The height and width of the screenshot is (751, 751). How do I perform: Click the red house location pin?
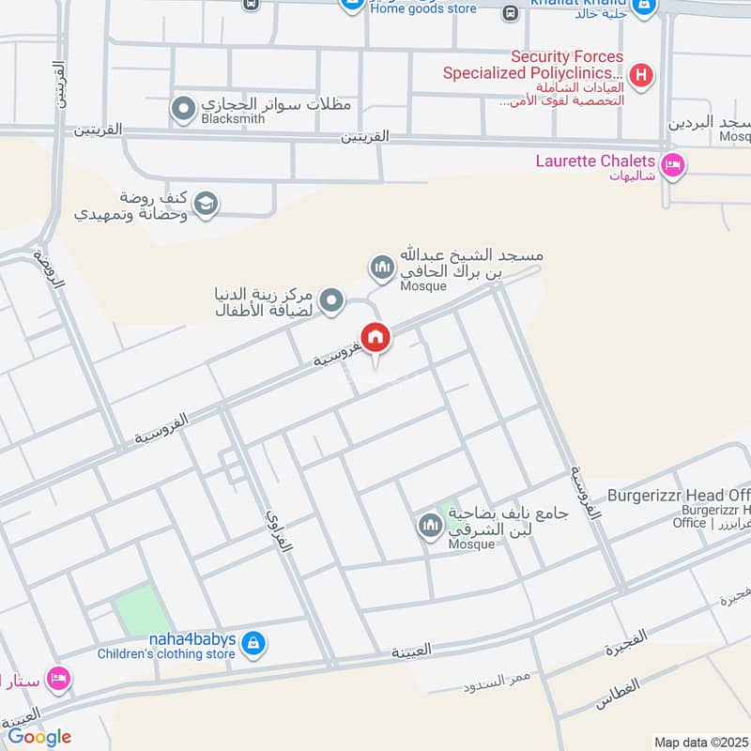[x=375, y=337]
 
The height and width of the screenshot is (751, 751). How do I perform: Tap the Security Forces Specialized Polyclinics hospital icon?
[x=641, y=75]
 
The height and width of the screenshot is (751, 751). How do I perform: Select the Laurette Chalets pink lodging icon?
[x=673, y=167]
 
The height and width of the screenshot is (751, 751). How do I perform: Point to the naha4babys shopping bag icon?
[x=253, y=644]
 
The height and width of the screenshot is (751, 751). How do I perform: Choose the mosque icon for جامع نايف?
[x=430, y=527]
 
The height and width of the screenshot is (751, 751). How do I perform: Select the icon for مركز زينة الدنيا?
[x=330, y=301]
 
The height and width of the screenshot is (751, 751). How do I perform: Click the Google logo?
[x=39, y=737]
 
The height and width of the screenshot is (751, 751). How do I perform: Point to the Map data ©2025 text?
[x=701, y=742]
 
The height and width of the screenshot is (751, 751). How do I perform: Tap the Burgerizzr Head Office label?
[x=679, y=495]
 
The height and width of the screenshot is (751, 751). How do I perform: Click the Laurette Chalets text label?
[x=595, y=161]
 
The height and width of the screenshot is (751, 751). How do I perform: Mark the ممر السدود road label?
[x=498, y=682]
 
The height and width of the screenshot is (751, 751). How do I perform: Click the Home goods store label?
[x=423, y=8]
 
